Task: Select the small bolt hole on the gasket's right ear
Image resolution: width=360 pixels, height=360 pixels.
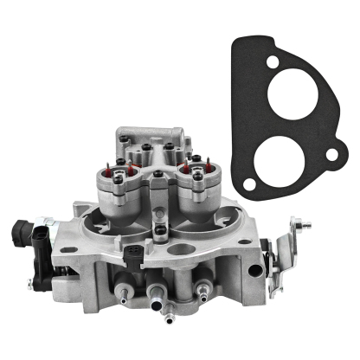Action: (330, 156)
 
